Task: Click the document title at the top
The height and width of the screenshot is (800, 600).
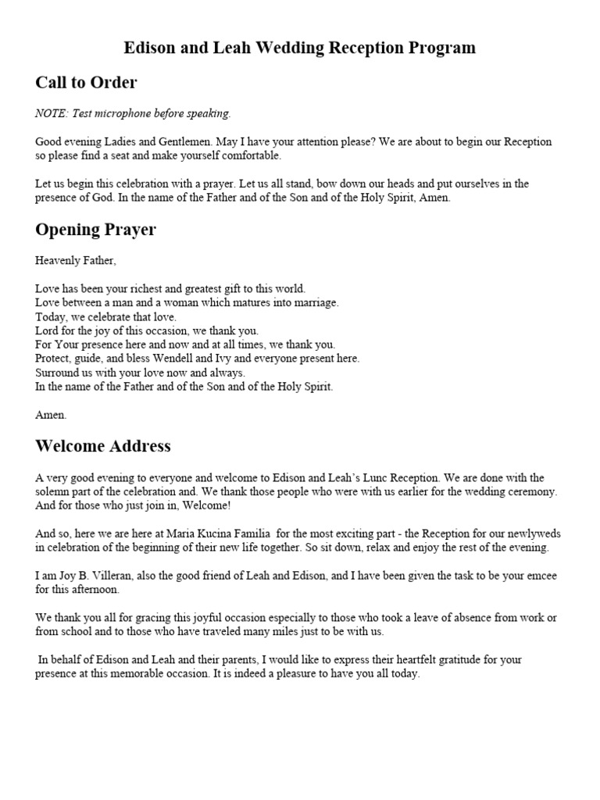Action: pos(300,48)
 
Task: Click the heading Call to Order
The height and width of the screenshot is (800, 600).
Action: pos(86,82)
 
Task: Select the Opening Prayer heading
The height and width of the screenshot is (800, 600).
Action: pos(95,230)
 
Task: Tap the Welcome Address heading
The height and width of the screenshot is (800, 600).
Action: pos(103,446)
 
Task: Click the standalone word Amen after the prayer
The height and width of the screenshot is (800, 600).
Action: pos(51,415)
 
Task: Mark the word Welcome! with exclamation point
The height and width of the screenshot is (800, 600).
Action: pos(205,505)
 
